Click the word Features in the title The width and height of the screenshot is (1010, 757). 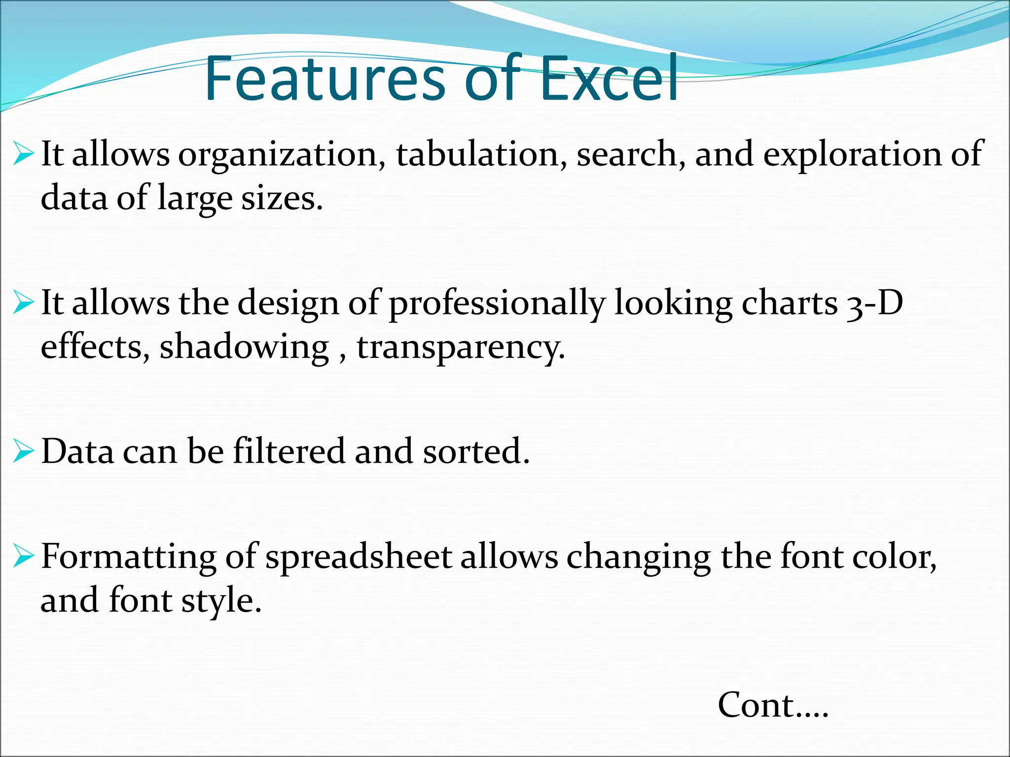pos(325,79)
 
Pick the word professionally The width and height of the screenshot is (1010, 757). pos(497,304)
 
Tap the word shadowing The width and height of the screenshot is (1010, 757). pos(244,347)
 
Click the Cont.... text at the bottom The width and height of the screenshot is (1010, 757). pos(773,705)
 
